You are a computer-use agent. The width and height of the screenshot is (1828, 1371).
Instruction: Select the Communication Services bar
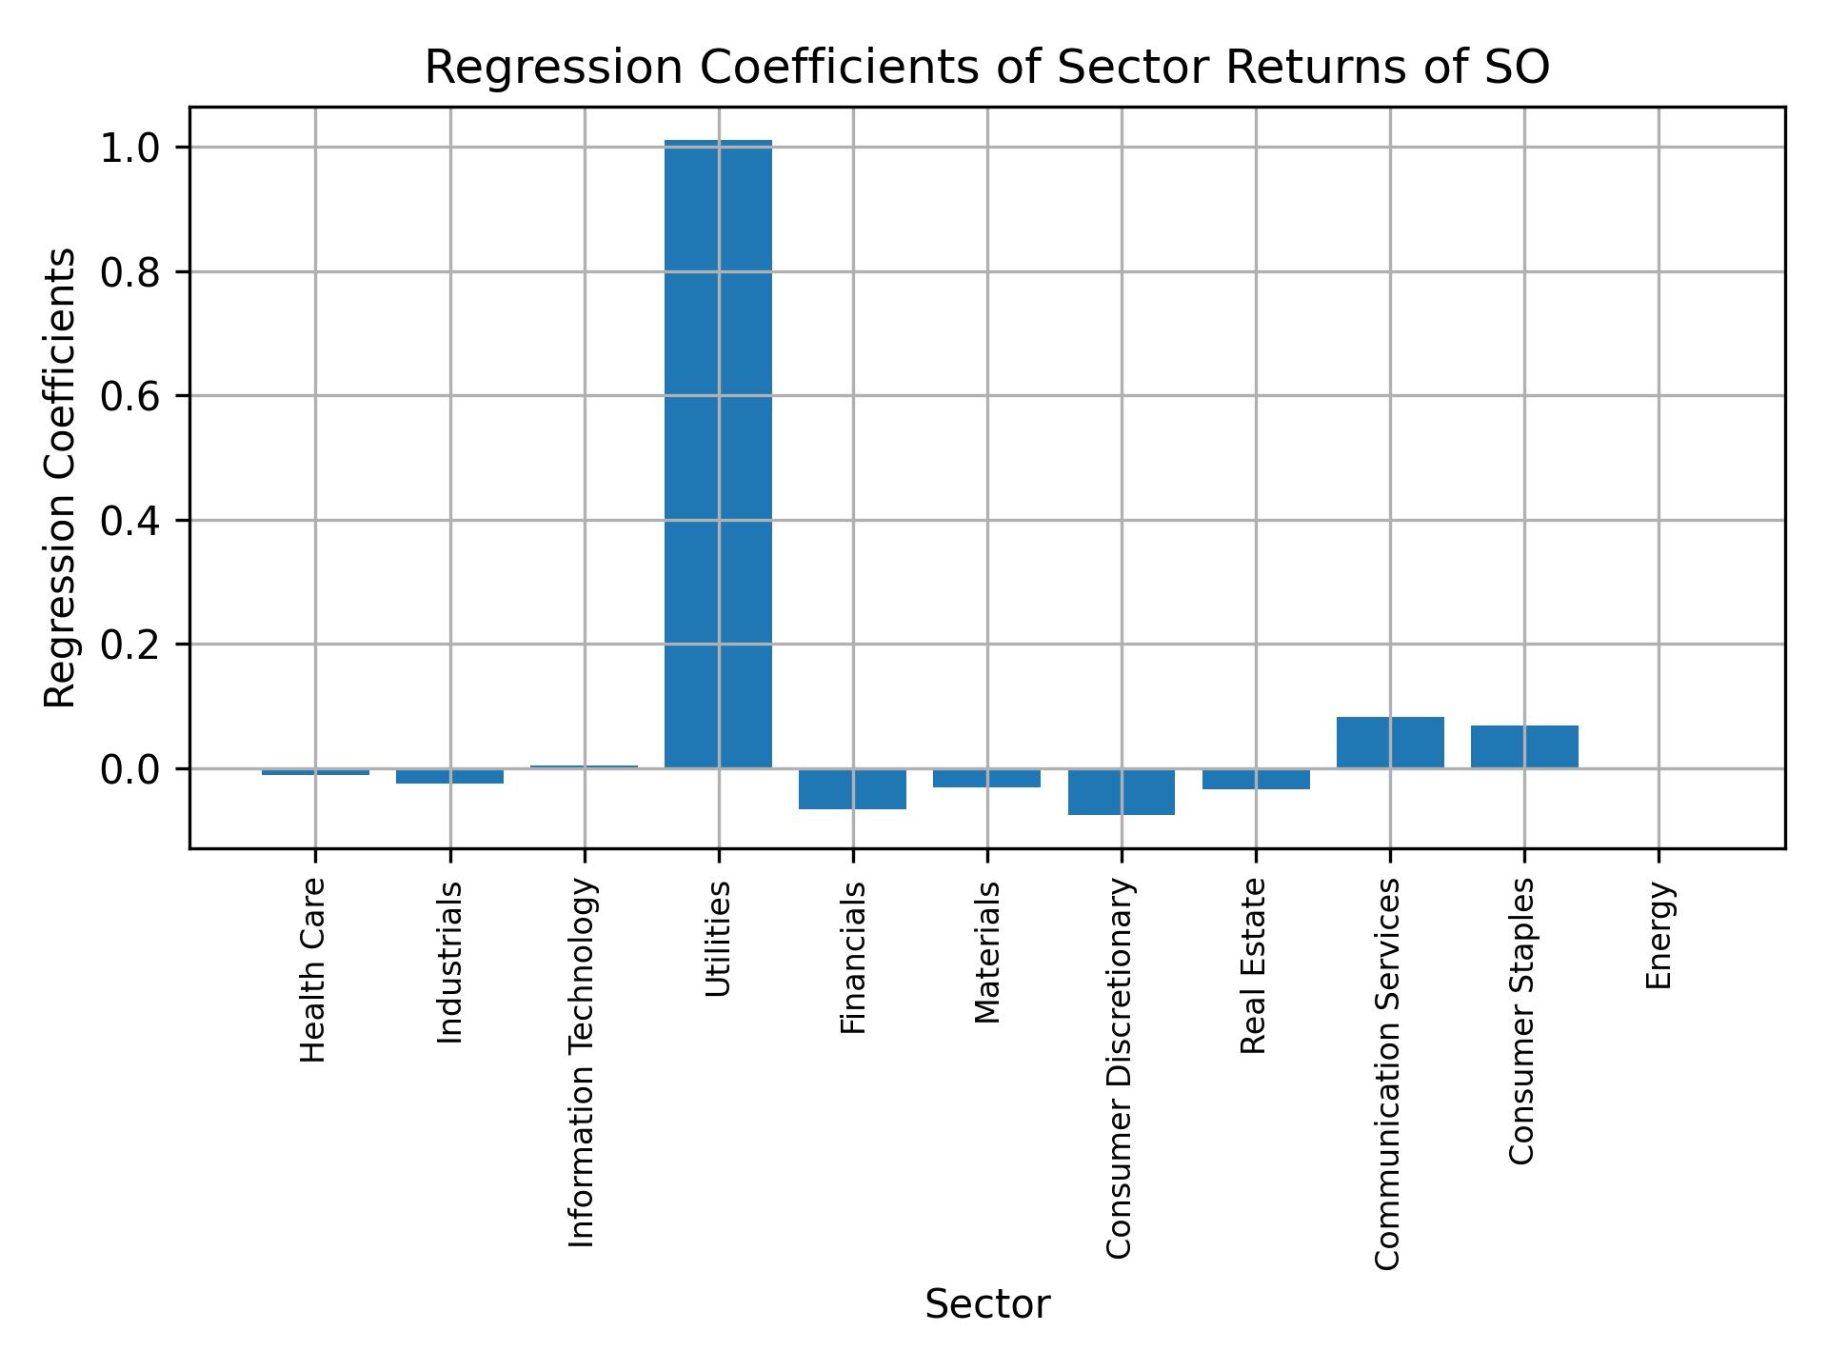coord(1390,743)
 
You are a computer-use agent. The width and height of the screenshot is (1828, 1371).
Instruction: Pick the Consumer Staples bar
coord(1524,746)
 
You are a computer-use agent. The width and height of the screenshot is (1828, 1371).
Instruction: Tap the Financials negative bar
coord(852,788)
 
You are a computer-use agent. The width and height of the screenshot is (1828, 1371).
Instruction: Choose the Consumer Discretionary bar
coord(1121,791)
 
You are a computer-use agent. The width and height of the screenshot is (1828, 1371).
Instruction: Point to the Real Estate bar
coord(1256,779)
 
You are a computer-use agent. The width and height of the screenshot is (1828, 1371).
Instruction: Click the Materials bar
coord(986,778)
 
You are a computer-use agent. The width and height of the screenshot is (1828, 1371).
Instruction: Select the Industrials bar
coord(449,776)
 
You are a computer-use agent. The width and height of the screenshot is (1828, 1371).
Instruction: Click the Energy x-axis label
coord(1659,935)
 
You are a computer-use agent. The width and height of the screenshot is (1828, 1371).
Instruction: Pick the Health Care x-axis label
coord(313,970)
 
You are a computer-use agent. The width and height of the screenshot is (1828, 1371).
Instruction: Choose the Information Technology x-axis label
coord(582,1062)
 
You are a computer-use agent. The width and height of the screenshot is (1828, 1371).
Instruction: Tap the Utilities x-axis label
coord(718,939)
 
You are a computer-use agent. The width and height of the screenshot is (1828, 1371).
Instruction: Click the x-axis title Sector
coord(987,1304)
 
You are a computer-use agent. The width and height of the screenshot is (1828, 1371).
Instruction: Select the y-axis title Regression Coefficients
coord(61,478)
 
